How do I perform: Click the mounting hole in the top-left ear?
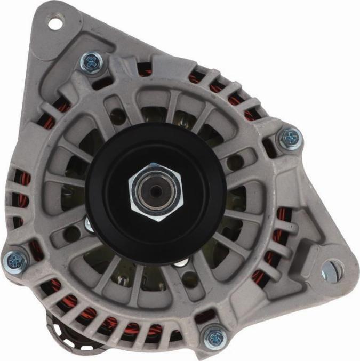click(54, 23)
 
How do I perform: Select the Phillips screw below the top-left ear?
click(91, 63)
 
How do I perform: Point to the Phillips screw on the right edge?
click(290, 138)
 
